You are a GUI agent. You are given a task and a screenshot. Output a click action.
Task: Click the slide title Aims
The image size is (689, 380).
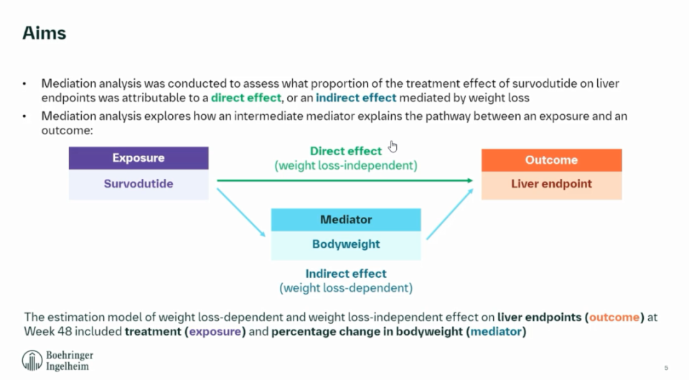tap(44, 33)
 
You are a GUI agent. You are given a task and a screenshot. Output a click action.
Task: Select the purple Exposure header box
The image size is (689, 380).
tap(139, 158)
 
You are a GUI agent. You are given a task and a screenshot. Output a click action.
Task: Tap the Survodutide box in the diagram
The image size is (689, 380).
tap(139, 184)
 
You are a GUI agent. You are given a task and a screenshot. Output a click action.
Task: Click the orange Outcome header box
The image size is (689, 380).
tap(551, 160)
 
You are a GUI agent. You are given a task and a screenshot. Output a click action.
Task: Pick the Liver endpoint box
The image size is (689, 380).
tap(551, 184)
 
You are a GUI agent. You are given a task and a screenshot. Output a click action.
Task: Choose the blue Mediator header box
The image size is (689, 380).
tap(346, 220)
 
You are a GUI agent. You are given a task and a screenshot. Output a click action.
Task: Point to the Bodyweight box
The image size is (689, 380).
tap(346, 244)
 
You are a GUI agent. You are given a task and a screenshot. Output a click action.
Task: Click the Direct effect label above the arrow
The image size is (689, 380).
tap(346, 152)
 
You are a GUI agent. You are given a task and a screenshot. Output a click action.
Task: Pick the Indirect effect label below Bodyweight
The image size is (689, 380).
tap(346, 274)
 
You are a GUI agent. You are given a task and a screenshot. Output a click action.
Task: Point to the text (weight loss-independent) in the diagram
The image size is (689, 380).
tap(346, 166)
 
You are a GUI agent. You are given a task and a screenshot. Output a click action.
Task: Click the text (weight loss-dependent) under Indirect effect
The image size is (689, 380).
tap(346, 288)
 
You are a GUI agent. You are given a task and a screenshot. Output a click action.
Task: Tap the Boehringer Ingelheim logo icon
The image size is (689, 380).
tap(32, 361)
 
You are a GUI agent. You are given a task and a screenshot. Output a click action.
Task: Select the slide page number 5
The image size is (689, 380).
tap(666, 368)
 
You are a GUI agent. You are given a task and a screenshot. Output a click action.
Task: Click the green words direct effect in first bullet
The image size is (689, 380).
tap(245, 98)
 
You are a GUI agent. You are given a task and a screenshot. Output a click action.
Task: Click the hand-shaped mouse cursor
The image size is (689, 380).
tap(393, 147)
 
